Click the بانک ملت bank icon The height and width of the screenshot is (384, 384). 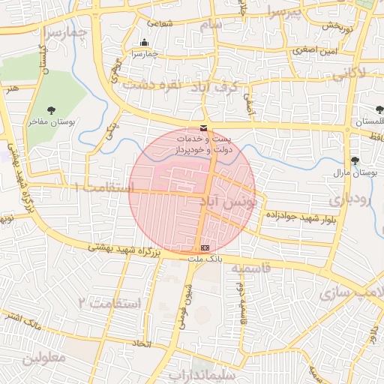click(x=205, y=247)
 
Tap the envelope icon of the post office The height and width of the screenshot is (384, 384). click(x=204, y=128)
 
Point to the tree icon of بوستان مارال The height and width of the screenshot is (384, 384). click(x=355, y=160)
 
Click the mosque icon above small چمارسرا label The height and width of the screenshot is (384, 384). click(x=145, y=43)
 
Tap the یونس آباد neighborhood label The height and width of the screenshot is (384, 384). click(x=229, y=202)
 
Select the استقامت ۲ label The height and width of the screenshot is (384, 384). click(x=109, y=303)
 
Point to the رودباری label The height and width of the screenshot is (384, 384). click(x=348, y=201)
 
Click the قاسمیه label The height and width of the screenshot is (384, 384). click(x=247, y=268)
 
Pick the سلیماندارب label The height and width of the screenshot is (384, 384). click(x=202, y=373)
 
